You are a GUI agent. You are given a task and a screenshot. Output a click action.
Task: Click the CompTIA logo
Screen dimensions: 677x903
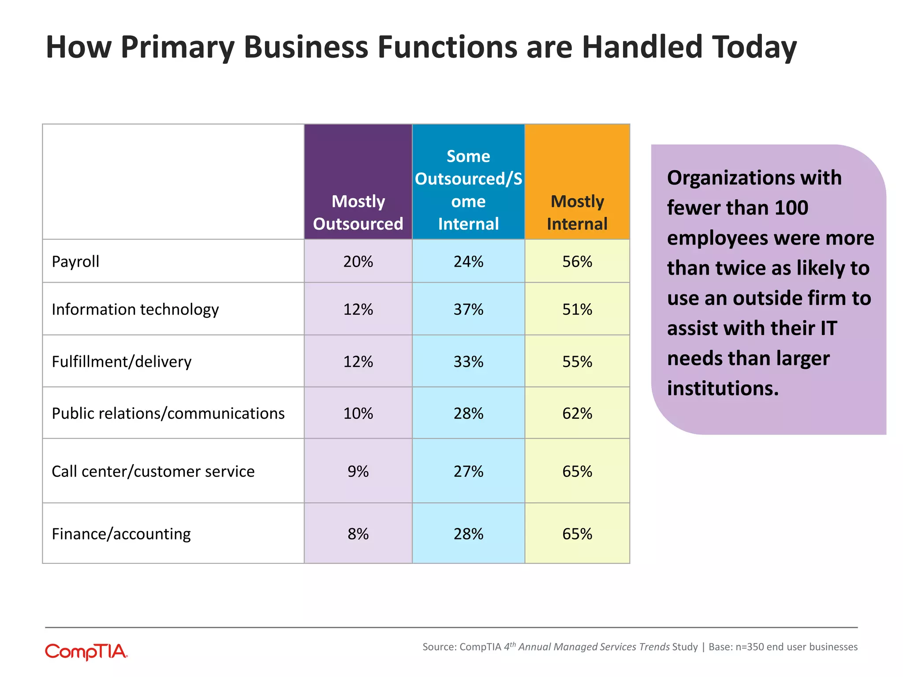86,651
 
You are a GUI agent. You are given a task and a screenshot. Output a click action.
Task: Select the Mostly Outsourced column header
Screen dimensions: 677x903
358,212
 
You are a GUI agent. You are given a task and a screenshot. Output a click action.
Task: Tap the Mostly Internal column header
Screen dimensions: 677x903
577,212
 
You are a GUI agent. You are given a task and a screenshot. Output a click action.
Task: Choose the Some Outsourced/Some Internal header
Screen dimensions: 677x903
468,190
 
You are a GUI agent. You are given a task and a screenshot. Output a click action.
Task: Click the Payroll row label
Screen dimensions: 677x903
75,261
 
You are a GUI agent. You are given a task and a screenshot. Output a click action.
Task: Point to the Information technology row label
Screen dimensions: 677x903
135,309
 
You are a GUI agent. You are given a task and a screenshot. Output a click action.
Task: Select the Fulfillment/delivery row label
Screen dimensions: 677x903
122,361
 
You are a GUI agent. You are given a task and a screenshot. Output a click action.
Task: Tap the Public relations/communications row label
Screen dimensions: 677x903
168,413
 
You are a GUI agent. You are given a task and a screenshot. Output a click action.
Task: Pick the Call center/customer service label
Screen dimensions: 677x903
153,471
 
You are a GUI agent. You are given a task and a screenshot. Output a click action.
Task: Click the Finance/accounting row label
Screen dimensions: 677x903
121,534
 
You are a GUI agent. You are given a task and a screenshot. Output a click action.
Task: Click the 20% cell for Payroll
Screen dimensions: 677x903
358,261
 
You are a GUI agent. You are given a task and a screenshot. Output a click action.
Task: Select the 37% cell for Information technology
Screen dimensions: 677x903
468,309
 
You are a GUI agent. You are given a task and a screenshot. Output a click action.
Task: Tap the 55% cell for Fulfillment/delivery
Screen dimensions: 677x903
577,361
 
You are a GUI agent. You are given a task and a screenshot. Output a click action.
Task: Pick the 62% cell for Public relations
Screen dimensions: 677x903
577,413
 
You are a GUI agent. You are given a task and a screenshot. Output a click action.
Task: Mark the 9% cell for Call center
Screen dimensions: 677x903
358,471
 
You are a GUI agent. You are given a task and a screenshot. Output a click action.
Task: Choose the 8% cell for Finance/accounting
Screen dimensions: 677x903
358,534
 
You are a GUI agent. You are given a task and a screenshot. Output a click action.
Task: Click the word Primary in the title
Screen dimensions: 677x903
177,48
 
